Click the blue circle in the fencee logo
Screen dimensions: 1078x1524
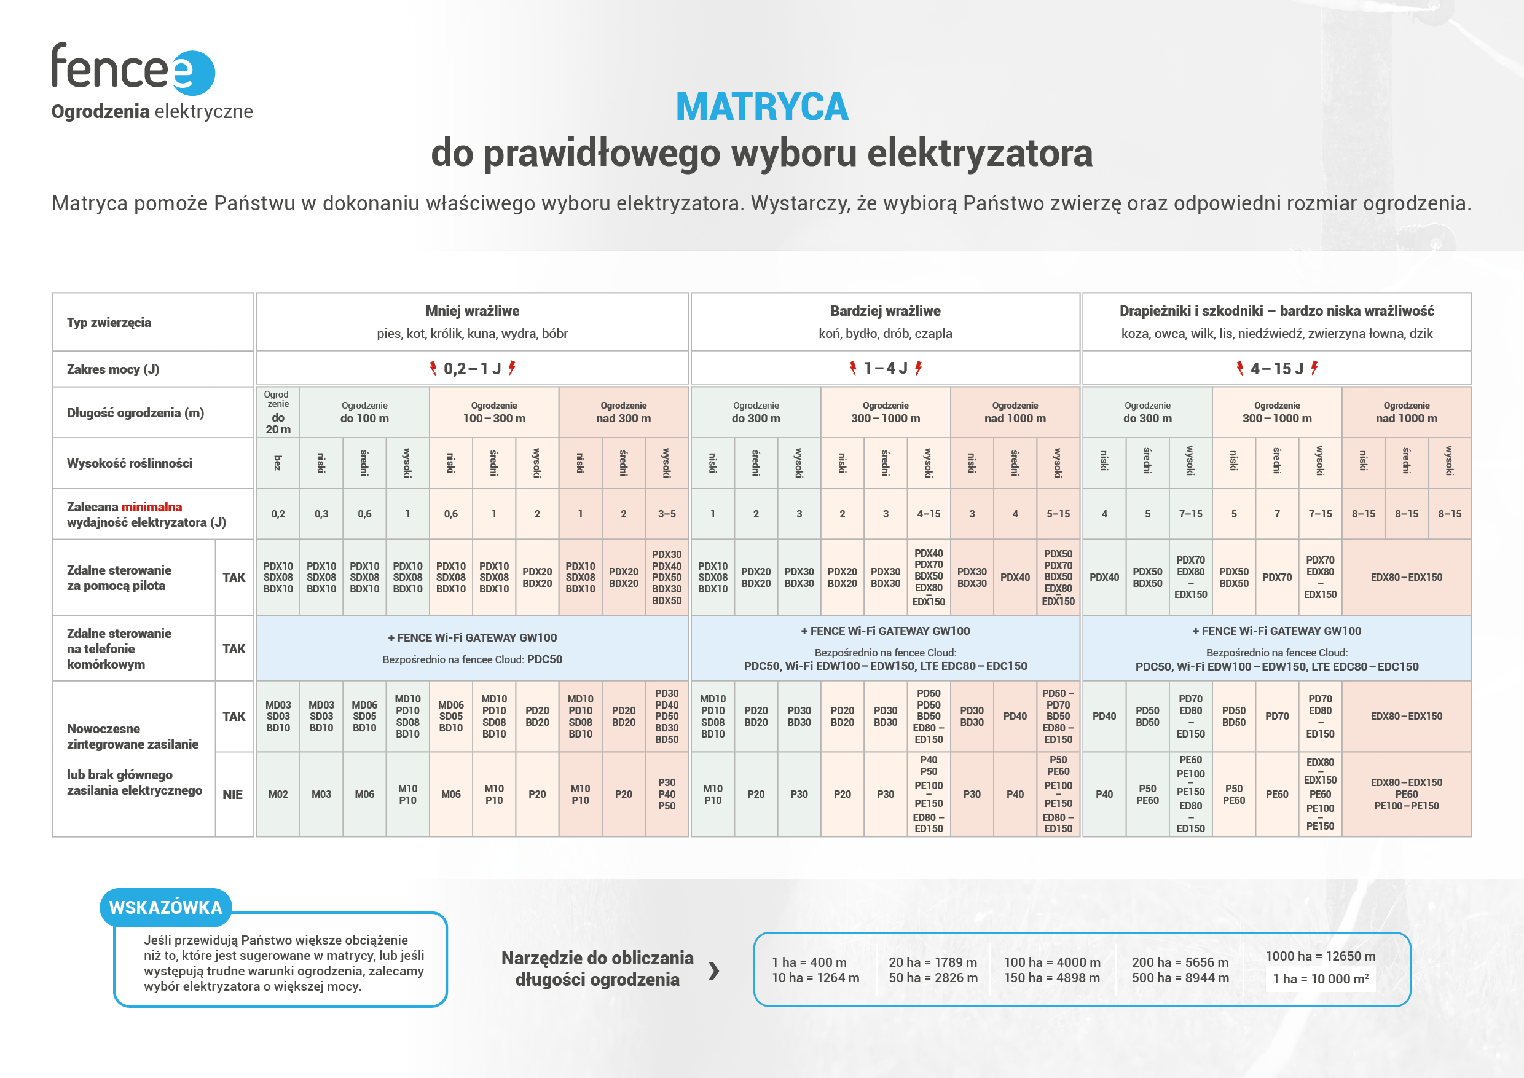[194, 73]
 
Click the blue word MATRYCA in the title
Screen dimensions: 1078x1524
[761, 107]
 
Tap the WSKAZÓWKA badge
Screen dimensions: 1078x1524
[165, 907]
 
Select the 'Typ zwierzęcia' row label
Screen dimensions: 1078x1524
[109, 323]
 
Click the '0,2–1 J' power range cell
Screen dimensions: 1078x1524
[472, 368]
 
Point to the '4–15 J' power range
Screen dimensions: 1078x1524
[1276, 368]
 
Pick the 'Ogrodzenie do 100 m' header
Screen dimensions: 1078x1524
[364, 412]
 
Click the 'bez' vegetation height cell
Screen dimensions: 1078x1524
[278, 463]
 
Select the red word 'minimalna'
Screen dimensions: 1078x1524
[151, 507]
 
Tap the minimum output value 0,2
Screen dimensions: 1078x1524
[278, 514]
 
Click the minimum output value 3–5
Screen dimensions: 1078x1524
[666, 514]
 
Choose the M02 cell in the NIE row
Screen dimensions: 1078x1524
[278, 794]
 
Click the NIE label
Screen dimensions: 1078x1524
[232, 795]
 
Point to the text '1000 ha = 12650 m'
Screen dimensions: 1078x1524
[1320, 956]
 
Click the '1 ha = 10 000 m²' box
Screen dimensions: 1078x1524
[1320, 978]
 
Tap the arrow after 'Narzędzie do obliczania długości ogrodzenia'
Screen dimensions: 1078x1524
[714, 970]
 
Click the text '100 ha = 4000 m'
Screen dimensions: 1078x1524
[1052, 962]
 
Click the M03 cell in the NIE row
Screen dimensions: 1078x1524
[321, 794]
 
